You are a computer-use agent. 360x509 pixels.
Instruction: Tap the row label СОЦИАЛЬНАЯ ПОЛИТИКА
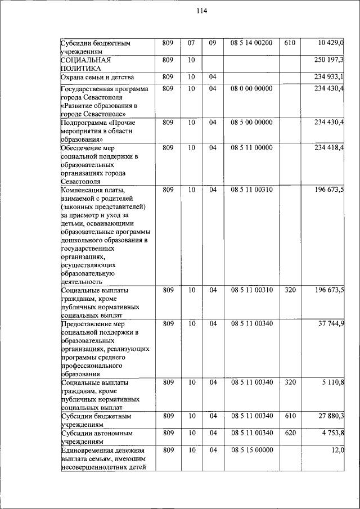85,64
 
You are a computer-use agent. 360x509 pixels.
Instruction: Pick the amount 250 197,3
329,60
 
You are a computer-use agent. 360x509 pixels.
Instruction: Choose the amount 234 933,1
329,76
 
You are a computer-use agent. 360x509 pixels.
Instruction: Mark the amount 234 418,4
329,148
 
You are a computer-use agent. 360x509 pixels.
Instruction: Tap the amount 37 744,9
331,324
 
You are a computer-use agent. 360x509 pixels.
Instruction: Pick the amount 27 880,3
331,416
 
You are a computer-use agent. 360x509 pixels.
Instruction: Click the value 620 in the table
290,433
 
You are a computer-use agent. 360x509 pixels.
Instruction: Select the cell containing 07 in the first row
191,43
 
